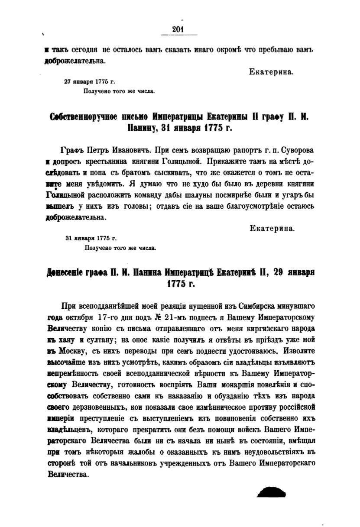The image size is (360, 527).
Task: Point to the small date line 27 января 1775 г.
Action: pyautogui.click(x=90, y=81)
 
